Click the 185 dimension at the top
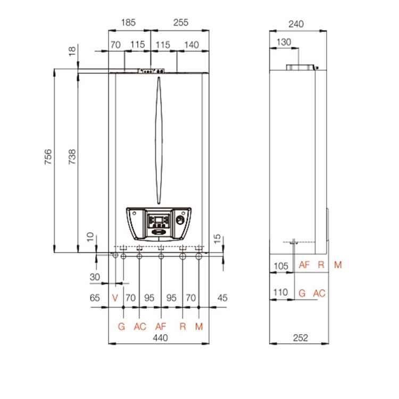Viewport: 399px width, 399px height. tap(128, 23)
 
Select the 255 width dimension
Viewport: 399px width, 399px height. tap(181, 23)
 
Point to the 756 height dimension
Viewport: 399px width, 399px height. tap(48, 157)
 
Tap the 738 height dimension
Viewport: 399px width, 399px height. tap(72, 157)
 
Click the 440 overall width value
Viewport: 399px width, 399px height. tap(160, 338)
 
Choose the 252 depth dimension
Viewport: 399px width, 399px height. tap(301, 338)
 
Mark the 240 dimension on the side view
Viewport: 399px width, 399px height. tap(296, 24)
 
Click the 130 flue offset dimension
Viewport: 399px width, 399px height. tap(284, 42)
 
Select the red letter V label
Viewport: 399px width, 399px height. tap(115, 298)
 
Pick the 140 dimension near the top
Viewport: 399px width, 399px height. tap(192, 45)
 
